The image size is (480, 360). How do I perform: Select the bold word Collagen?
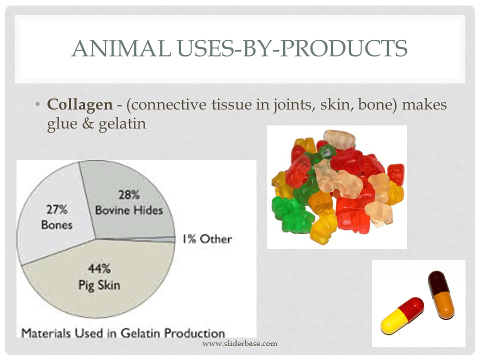pyautogui.click(x=79, y=105)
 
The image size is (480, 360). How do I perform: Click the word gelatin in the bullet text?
pyautogui.click(x=122, y=123)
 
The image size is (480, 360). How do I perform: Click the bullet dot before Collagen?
pyautogui.click(x=37, y=105)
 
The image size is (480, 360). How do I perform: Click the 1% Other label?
pyautogui.click(x=206, y=239)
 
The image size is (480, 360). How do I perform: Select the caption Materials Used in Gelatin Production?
pyautogui.click(x=123, y=332)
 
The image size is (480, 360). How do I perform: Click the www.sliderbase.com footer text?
pyautogui.click(x=239, y=343)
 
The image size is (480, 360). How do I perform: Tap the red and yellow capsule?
pyautogui.click(x=403, y=315)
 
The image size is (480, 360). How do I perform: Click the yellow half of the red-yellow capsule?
pyautogui.click(x=393, y=323)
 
